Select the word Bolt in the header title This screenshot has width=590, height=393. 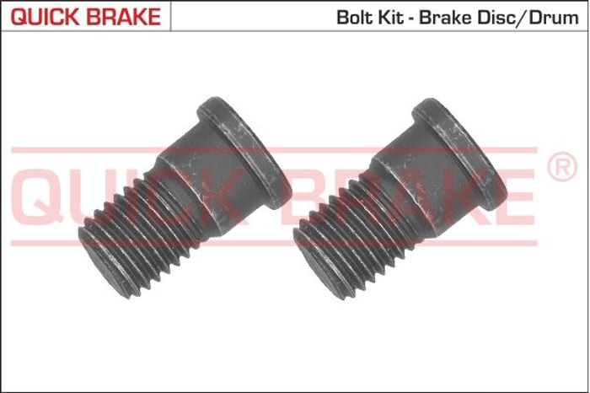click(351, 18)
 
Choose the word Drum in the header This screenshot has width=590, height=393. click(553, 18)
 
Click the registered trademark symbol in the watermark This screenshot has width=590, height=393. click(562, 166)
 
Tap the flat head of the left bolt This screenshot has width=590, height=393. click(244, 153)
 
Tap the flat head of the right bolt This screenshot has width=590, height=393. click(460, 153)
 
